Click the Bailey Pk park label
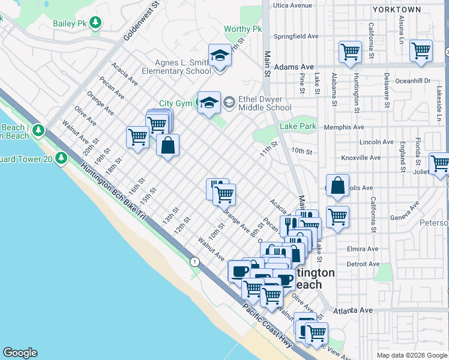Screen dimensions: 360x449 (78, 22)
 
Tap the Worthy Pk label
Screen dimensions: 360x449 (243, 29)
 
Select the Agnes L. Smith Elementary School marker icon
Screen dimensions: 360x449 (220, 56)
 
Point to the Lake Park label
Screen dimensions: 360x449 (298, 126)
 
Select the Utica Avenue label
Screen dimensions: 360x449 (292, 5)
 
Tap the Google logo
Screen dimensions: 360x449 (20, 353)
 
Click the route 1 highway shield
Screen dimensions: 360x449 (194, 261)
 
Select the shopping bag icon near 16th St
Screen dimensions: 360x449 (167, 145)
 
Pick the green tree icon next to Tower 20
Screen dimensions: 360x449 (61, 158)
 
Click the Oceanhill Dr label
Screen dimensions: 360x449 (412, 80)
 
